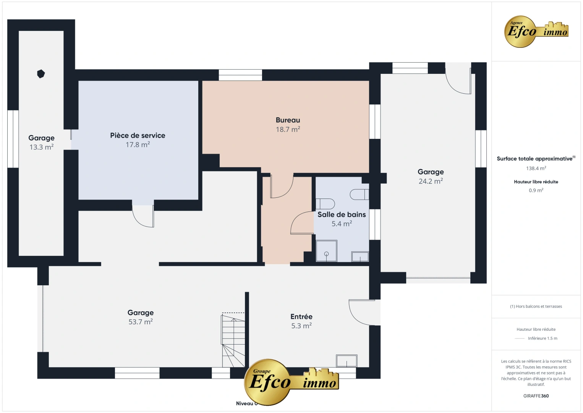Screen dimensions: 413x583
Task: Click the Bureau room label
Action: pos(288,120)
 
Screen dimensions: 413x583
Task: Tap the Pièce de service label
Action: pos(138,135)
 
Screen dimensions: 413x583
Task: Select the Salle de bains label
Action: pos(342,215)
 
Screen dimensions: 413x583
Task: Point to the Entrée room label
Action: pos(301,317)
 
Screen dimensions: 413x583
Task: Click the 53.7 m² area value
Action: pos(141,322)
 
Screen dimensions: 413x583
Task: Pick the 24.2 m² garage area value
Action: pos(431,181)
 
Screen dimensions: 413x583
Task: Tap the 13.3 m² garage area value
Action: pos(41,147)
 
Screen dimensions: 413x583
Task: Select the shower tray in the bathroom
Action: pos(326,251)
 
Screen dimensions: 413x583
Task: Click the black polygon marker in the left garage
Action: pos(41,74)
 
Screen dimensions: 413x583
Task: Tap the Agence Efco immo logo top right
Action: pos(536,31)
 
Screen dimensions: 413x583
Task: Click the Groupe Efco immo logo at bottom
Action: pos(291,381)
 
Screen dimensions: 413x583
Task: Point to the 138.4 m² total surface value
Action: pos(536,168)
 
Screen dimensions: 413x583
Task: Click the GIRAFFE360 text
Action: pos(536,396)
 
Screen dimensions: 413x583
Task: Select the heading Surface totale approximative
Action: pos(535,159)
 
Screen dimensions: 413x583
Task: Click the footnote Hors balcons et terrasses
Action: pos(536,306)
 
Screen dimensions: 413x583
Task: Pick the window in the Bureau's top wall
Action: pos(240,75)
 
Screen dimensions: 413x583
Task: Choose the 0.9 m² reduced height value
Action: pos(536,190)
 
